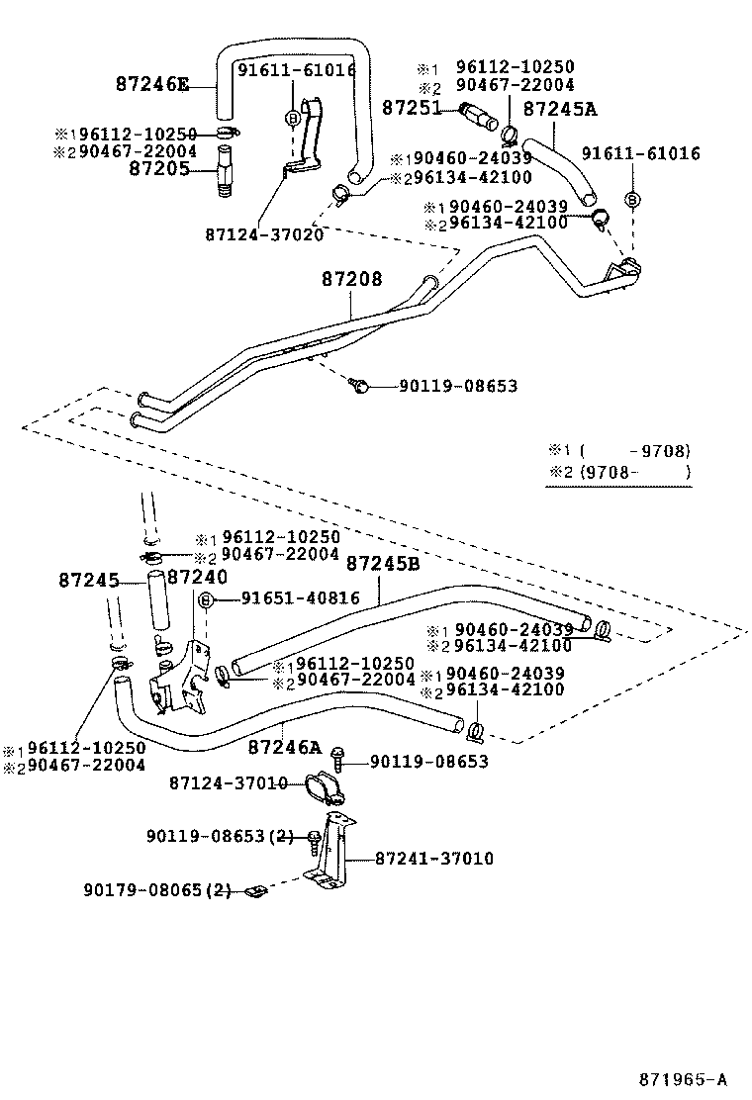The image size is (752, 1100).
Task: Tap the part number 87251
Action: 411,106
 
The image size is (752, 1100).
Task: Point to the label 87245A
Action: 560,108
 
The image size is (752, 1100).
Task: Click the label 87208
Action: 351,280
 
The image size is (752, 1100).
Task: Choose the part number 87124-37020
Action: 264,234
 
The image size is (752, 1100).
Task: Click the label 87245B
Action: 383,563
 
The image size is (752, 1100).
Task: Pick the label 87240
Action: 197,577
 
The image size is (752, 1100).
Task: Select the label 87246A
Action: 285,747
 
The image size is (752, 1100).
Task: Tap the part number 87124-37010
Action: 229,783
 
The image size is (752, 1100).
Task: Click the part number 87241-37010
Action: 434,859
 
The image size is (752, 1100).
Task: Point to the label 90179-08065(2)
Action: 159,890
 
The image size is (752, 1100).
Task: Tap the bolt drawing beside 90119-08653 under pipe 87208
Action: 361,386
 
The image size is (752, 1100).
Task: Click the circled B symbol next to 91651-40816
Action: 206,600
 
